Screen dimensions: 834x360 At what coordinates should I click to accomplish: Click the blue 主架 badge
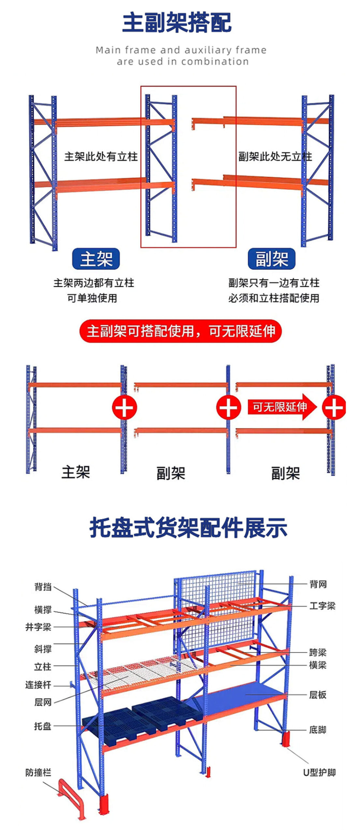pos(96,259)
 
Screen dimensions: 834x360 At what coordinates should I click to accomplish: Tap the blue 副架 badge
pos(271,259)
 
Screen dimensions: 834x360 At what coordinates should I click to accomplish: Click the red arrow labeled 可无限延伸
pos(282,407)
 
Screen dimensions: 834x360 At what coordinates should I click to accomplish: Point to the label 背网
pos(318,584)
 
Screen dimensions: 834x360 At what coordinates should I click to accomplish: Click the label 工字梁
pos(322,606)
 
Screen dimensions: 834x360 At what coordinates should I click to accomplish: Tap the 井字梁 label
pos(38,627)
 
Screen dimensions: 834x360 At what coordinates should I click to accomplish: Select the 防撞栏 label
pos(38,772)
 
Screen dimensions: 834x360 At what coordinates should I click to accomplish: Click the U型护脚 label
pos(319,772)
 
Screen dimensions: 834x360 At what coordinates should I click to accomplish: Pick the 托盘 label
pos(43,726)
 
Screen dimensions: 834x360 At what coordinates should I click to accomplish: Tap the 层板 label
pos(318,695)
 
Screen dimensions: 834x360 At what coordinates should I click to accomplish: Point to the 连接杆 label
pos(38,685)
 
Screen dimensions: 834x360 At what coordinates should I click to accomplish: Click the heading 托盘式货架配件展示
pos(188,528)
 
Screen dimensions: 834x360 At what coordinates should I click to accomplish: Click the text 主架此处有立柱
pos(101,157)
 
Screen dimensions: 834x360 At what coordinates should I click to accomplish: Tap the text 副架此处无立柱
pos(275,157)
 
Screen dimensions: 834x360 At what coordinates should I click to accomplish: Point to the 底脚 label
pos(318,730)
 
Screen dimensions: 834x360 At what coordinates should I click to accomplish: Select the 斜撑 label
pos(43,649)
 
